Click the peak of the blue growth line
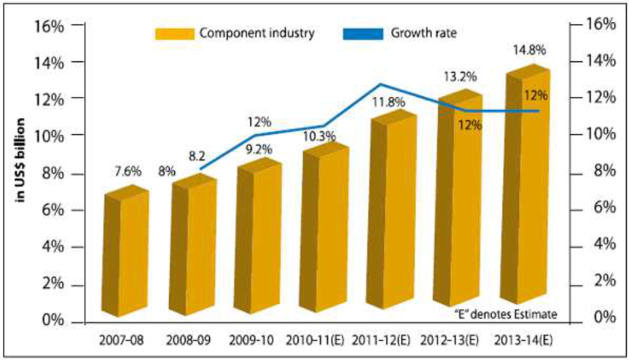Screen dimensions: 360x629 (380, 84)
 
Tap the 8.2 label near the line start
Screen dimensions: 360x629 (197, 155)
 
